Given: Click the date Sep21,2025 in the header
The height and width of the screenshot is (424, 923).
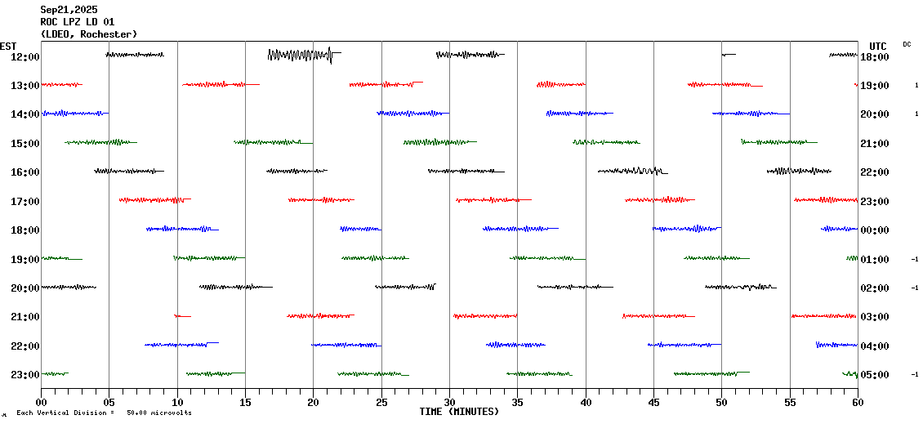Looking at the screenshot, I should coord(69,10).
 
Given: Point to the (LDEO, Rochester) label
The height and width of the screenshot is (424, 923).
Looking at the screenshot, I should coord(88,34).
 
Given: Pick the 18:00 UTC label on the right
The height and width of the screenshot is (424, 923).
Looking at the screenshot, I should coord(875,56).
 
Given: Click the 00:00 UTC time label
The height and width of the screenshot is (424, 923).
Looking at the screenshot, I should coord(875,230).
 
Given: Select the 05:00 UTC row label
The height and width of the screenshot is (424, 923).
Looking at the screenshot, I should coord(875,374).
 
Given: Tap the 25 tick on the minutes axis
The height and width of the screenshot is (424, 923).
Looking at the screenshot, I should coord(381,401).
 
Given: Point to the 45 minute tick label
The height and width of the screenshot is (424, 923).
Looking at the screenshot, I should coord(653,401).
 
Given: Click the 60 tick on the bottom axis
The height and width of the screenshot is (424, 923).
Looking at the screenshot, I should coord(858,401).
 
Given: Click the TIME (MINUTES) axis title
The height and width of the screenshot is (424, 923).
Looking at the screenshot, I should coord(459,412).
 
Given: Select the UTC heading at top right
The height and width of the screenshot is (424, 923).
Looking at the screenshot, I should coord(878,46).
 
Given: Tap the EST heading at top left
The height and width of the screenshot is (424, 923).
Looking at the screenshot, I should coord(8,46).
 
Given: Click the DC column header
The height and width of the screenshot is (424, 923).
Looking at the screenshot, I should coord(907,44).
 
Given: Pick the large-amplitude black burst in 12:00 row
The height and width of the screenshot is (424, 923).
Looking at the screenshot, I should coord(301,55).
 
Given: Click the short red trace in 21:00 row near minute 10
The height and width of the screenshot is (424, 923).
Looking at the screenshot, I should coord(181,315).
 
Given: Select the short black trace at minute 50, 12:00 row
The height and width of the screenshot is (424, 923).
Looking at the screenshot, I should coord(728,55).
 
